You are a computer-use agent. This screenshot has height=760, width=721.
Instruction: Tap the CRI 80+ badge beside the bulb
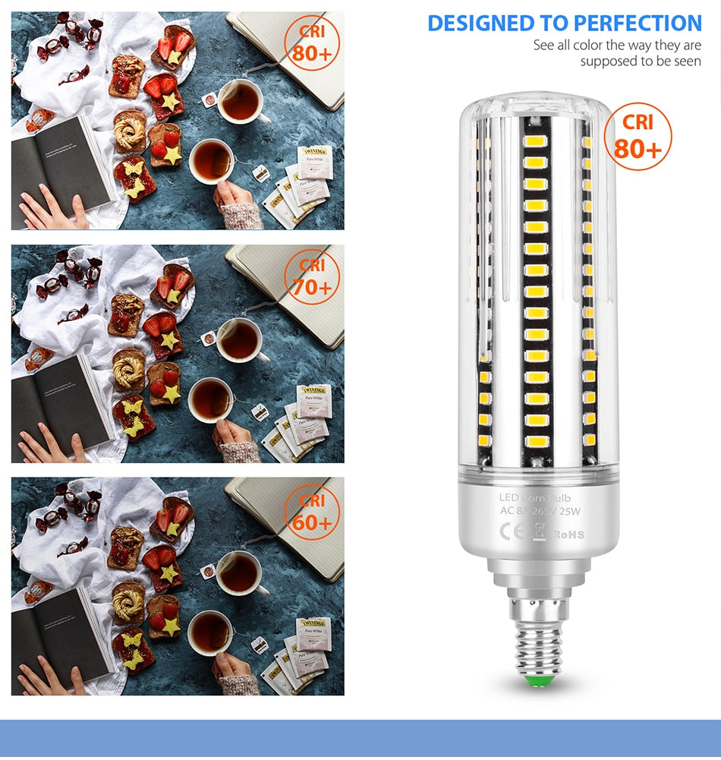(x=638, y=137)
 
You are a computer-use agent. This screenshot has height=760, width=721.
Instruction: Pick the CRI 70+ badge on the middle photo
(x=312, y=278)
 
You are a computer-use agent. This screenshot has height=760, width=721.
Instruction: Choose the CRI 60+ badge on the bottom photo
(x=312, y=512)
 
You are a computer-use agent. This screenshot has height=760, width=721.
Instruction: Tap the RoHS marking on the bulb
(x=568, y=535)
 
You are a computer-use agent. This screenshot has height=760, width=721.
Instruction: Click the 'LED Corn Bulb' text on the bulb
(x=540, y=498)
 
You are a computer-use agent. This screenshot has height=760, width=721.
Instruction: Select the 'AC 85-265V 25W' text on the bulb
(x=540, y=511)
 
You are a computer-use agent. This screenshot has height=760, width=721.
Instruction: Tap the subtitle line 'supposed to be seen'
(x=641, y=61)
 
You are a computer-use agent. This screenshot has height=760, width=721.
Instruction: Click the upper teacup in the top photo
(x=241, y=102)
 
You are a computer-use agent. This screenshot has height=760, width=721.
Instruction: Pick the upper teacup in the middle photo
(x=240, y=339)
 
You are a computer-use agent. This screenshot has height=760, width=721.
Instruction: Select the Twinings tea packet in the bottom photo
(x=313, y=635)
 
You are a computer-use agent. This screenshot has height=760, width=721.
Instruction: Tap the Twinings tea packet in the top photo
(x=314, y=162)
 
